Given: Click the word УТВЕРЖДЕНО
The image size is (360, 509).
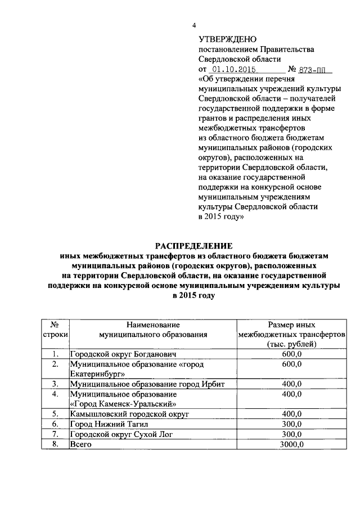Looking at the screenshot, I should click(228, 39).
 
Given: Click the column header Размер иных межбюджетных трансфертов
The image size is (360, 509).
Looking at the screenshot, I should click(292, 334).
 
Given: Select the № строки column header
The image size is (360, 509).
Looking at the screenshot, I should click(55, 330).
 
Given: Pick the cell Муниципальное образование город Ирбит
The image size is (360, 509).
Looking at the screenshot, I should click(139, 384).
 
